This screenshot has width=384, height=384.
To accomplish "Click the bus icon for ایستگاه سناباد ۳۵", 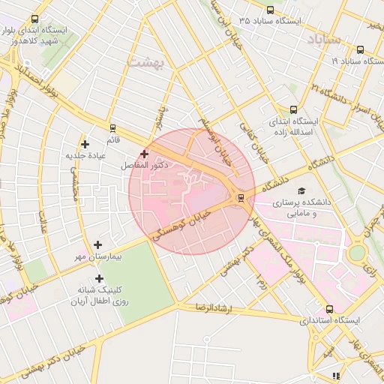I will tap(270, 10).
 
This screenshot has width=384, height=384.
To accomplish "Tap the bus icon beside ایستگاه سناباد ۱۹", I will tap(361, 50).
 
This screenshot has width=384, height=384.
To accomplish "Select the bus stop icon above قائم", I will tap(112, 127).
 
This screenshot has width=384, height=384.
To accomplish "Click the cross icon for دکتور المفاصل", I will tap(144, 153).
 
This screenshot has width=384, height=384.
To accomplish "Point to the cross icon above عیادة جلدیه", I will tap(85, 144).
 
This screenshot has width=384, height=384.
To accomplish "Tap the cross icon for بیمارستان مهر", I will tap(98, 244).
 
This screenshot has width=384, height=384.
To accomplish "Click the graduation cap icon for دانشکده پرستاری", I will tap(301, 191).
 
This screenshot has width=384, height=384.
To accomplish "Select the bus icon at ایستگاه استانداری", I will tap(329, 309).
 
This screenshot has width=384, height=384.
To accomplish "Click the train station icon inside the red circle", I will tap(240, 198).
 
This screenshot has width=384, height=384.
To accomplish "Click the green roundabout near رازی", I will tap(357, 253).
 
